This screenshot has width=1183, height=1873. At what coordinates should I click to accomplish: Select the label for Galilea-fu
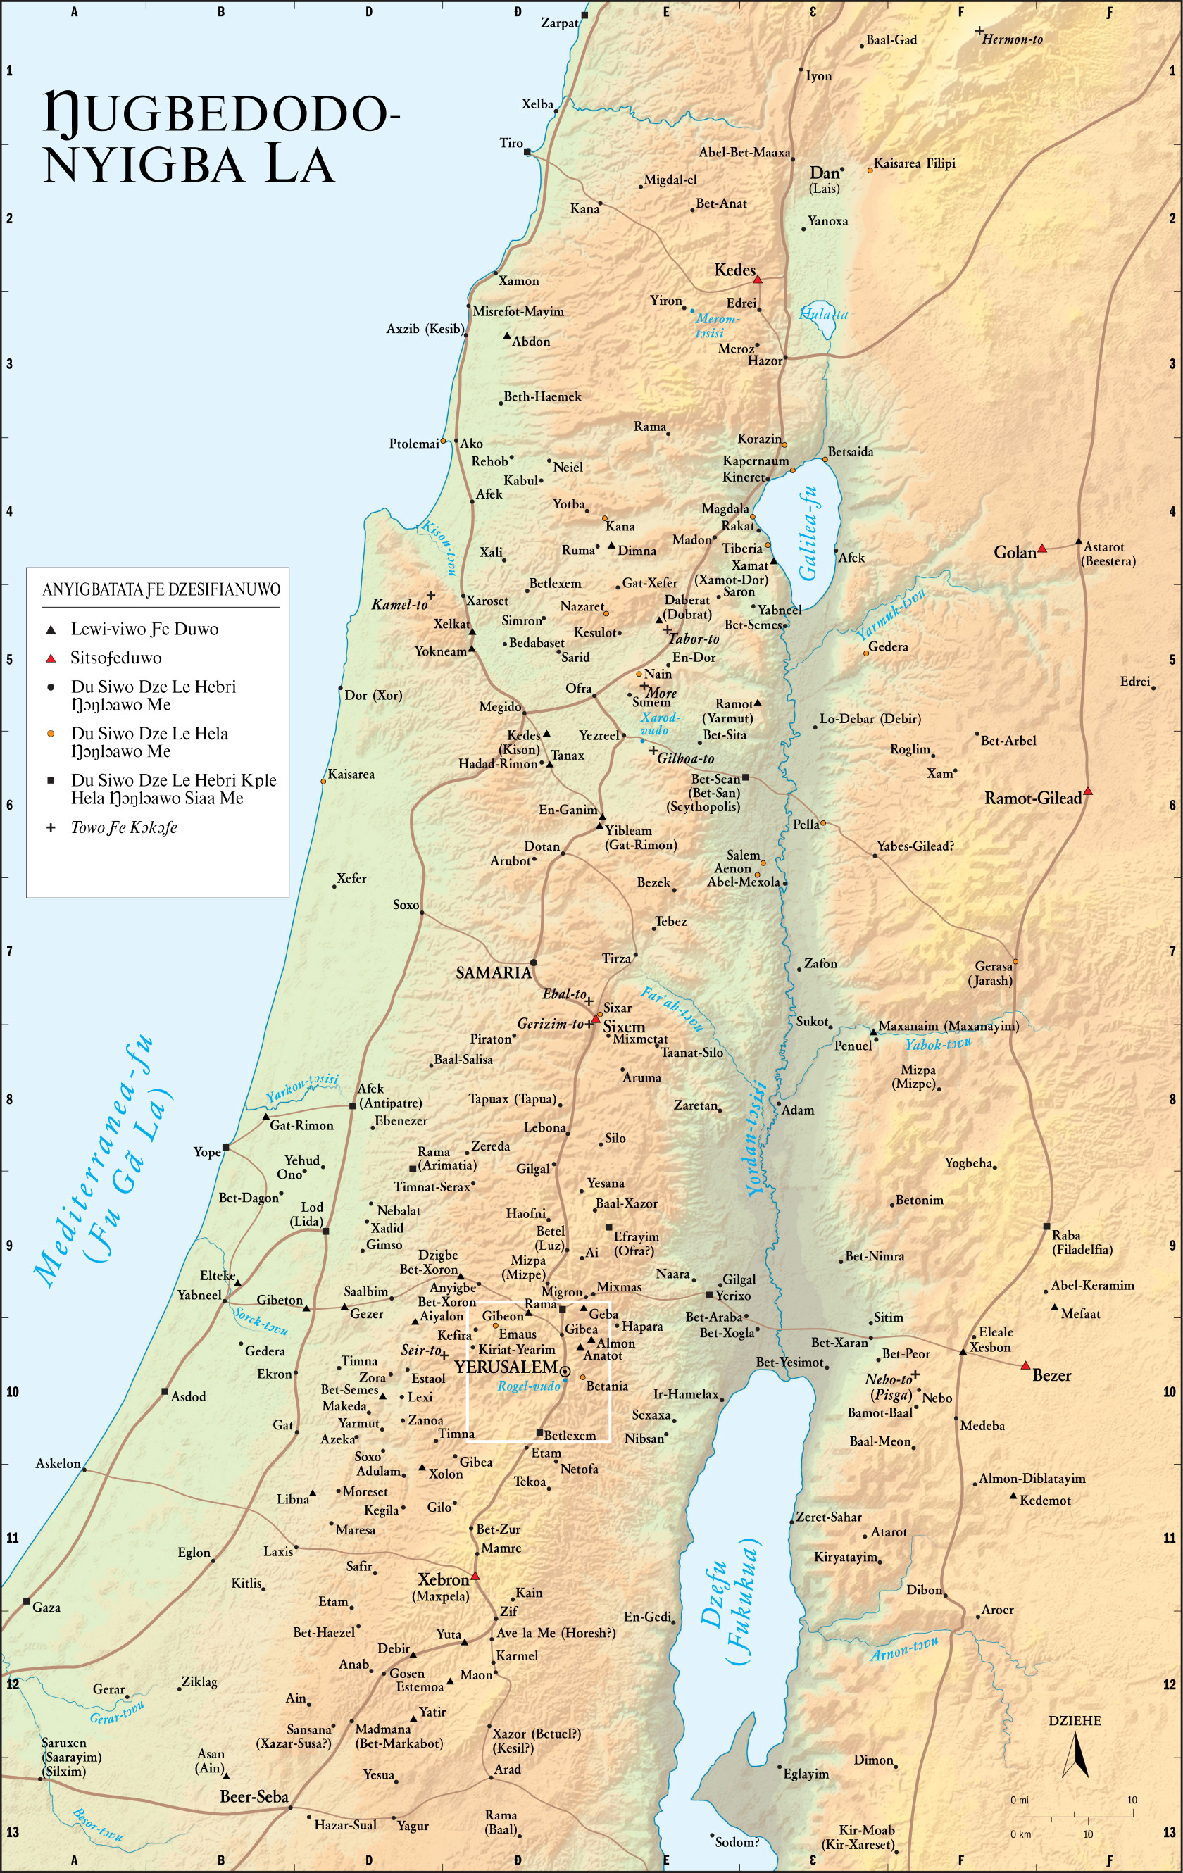coord(809,534)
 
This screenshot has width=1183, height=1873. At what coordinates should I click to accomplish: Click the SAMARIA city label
coord(493,972)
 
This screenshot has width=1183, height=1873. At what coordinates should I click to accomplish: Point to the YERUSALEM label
coord(506,1367)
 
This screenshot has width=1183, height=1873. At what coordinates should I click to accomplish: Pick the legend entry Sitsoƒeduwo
coord(116,658)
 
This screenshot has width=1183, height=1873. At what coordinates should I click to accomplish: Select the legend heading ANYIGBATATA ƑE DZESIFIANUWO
coord(161,589)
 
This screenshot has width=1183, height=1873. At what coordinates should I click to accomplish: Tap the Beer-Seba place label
coord(254,1797)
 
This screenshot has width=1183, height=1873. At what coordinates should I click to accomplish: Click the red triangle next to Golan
coord(1042,549)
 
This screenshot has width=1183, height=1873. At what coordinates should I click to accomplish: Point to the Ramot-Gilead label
coord(1033,798)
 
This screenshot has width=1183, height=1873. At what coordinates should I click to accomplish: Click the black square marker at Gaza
coord(27,1601)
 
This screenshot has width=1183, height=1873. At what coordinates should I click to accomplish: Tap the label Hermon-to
coord(1012,39)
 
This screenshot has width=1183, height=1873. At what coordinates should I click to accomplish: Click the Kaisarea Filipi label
coord(914,163)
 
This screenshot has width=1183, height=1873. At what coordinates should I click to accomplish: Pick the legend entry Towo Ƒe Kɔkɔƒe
coord(124,827)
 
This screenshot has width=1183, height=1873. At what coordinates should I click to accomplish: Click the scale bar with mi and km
coord(1073,1817)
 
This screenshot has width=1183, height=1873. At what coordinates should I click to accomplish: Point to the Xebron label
coord(444,1580)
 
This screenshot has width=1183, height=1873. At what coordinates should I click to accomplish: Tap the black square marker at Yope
coord(225,1147)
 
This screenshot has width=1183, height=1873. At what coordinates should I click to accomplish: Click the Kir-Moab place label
coord(866,1830)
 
